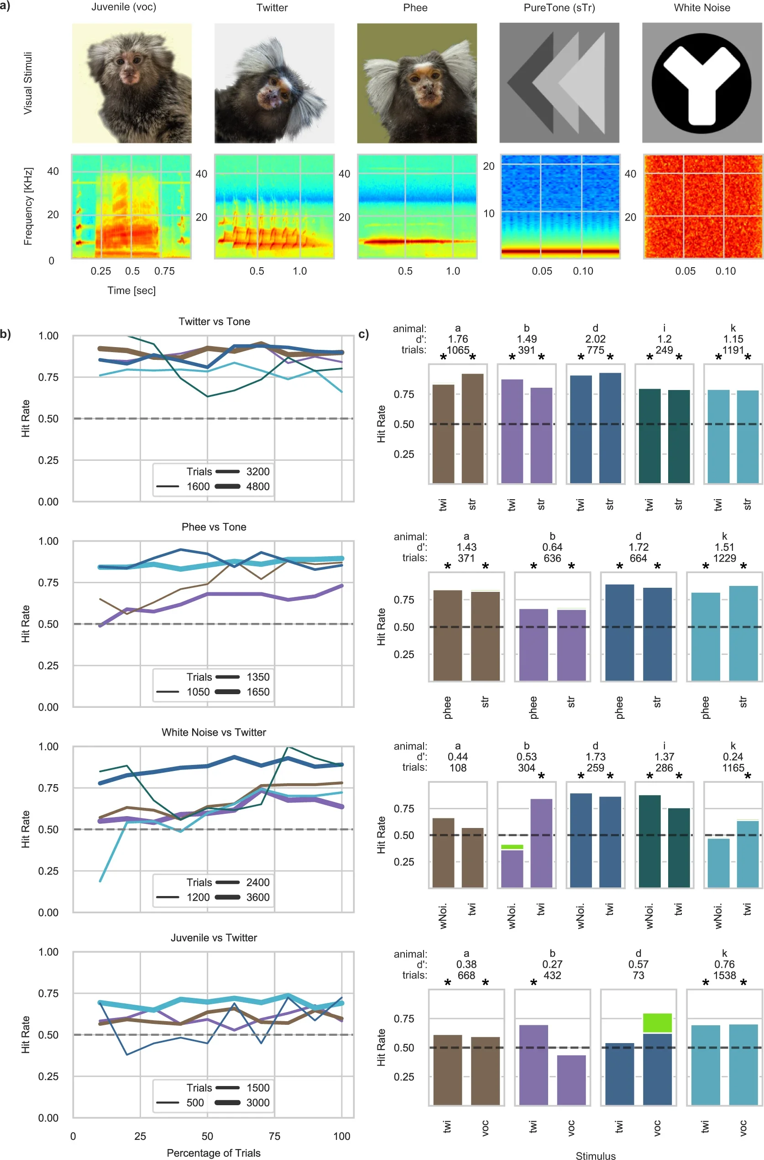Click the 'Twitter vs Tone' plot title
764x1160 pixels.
pyautogui.click(x=214, y=322)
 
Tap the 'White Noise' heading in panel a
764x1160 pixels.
pyautogui.click(x=701, y=8)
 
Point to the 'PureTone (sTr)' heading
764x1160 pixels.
pyautogui.click(x=559, y=8)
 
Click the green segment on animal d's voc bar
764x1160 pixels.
pyautogui.click(x=657, y=1023)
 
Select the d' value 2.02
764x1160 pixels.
pyautogui.click(x=595, y=339)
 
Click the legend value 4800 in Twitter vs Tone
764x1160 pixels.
pyautogui.click(x=258, y=487)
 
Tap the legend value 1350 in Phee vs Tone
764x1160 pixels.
pyautogui.click(x=258, y=677)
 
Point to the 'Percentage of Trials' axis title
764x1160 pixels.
pyautogui.click(x=214, y=1153)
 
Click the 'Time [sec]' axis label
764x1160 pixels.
pyautogui.click(x=131, y=290)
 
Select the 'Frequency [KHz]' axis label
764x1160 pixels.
pyautogui.click(x=28, y=206)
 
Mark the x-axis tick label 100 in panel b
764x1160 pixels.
pyautogui.click(x=341, y=1136)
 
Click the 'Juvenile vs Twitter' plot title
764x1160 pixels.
pyautogui.click(x=214, y=938)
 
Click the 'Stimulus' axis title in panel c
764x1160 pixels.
pyautogui.click(x=596, y=1155)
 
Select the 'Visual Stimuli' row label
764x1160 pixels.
pyautogui.click(x=28, y=83)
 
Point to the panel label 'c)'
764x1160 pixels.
pyautogui.click(x=363, y=334)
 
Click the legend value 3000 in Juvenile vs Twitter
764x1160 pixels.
pyautogui.click(x=258, y=1102)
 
